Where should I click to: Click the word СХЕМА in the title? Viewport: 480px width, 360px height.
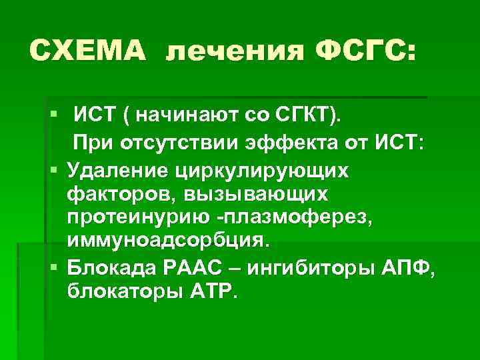click(x=88, y=50)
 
